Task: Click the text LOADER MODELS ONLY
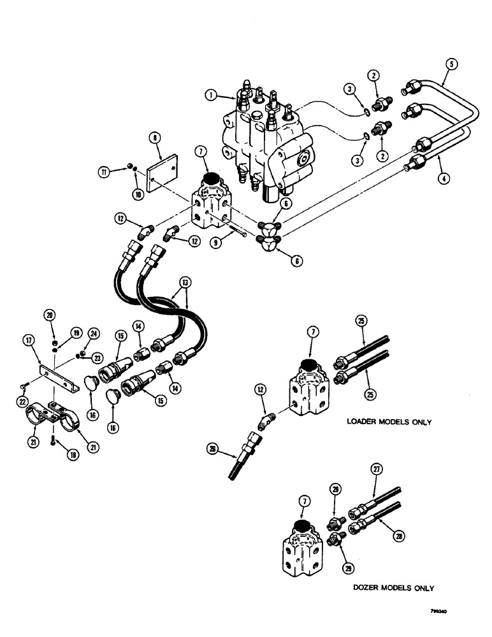(x=389, y=422)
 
